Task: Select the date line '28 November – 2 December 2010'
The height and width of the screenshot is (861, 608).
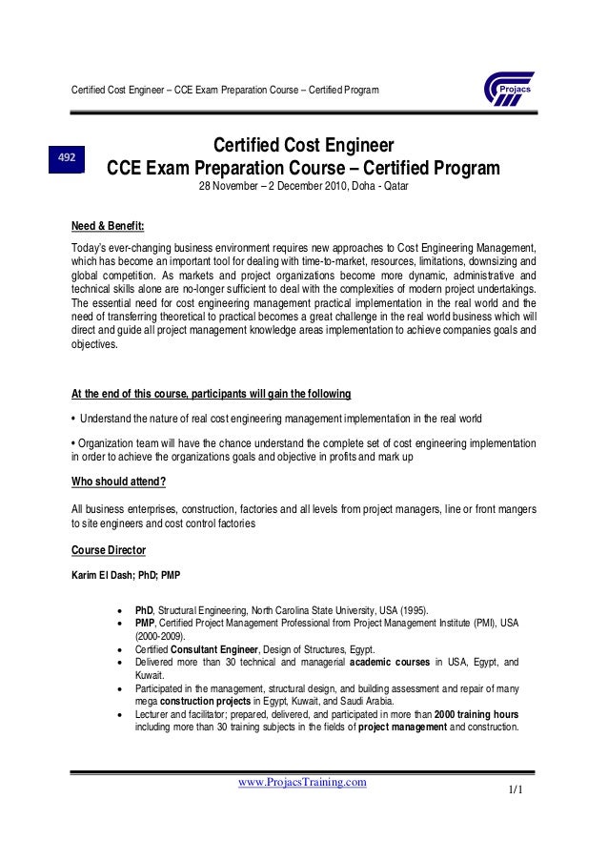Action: (x=302, y=187)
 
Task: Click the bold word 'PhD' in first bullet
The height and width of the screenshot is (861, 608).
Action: (x=145, y=609)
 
